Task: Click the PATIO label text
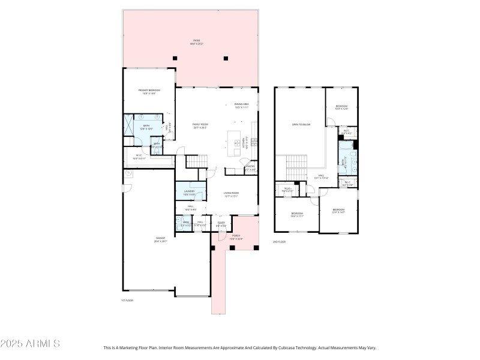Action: point(196,40)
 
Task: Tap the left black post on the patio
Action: point(175,58)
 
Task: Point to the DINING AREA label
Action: point(242,104)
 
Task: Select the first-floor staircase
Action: point(196,162)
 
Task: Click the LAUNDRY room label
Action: point(190,191)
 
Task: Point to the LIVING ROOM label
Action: point(231,194)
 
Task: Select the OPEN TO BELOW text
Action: point(301,125)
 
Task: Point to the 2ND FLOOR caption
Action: point(280,241)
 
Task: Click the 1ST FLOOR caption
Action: point(127,300)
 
